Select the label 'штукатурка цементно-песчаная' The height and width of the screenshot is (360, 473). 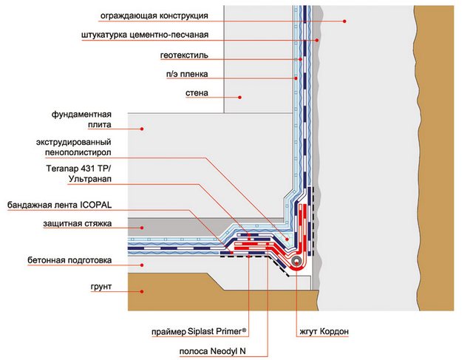156,35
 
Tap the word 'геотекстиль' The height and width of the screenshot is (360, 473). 184,55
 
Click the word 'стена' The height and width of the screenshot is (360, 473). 197,93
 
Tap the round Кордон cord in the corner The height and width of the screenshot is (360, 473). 296,261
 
